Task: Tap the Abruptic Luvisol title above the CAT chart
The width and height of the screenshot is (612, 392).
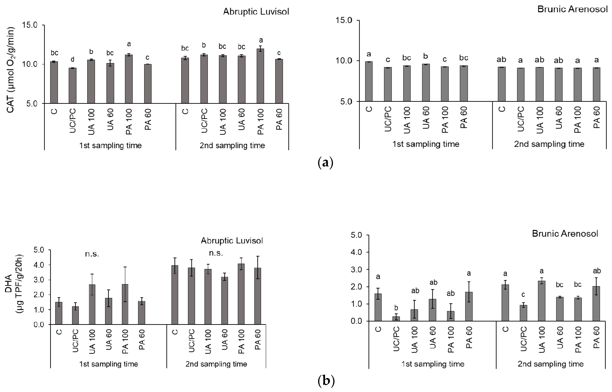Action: tap(256, 12)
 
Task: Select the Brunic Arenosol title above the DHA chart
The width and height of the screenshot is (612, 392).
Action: tap(565, 234)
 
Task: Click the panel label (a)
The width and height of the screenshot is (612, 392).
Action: tap(325, 162)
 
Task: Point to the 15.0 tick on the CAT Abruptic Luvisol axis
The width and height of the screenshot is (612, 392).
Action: tap(29, 25)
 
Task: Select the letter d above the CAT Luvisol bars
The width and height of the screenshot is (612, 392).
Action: tap(72, 60)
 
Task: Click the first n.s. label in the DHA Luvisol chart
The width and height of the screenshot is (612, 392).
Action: tap(92, 254)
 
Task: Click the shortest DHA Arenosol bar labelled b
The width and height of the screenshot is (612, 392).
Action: tap(396, 318)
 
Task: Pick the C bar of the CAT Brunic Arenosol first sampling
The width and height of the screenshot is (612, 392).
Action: tap(369, 81)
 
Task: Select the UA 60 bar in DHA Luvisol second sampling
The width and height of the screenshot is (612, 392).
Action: tap(224, 300)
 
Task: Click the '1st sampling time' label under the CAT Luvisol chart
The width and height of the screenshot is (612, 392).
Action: tap(110, 146)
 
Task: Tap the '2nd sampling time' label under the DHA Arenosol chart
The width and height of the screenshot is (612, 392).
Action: tap(550, 364)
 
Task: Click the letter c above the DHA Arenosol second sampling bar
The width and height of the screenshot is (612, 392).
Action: tap(523, 295)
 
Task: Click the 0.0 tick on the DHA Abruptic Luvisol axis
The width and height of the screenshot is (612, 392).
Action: tap(39, 325)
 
